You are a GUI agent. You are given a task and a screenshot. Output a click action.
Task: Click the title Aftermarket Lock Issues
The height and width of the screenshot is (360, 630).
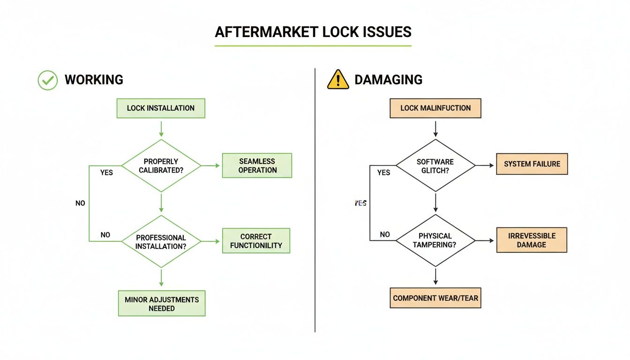[313, 32]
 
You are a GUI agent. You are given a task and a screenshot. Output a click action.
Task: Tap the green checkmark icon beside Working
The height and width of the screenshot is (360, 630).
[47, 80]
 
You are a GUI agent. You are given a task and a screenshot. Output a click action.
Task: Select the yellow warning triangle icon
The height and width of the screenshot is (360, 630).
[338, 80]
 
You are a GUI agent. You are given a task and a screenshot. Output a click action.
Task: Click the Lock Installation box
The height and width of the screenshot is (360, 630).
[161, 108]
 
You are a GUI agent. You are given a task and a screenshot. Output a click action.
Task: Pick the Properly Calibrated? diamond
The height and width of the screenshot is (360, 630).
[161, 165]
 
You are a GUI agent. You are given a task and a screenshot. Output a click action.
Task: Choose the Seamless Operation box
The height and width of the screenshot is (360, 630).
[257, 165]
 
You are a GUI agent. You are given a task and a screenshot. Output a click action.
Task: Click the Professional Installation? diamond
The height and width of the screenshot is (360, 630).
[161, 242]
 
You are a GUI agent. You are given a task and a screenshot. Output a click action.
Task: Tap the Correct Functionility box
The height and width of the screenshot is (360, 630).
[256, 241]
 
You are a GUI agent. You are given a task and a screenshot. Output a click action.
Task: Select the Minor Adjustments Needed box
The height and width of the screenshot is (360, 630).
[161, 304]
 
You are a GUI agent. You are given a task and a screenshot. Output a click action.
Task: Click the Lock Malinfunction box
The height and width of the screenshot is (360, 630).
[435, 108]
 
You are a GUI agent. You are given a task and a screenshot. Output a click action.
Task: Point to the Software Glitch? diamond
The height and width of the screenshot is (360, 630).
[435, 165]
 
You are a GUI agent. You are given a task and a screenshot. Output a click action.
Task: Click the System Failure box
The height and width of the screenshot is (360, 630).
[532, 164]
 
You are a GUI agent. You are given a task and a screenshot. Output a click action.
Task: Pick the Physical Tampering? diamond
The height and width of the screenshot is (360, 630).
[435, 240]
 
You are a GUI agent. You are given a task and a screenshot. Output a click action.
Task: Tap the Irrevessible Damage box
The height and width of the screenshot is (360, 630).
[532, 240]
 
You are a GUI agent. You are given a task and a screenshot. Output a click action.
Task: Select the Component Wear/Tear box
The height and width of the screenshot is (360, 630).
[435, 298]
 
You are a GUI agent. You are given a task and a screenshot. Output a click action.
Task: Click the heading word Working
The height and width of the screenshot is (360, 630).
[94, 80]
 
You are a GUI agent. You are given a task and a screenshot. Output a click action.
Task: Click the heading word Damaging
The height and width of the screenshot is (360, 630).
[388, 80]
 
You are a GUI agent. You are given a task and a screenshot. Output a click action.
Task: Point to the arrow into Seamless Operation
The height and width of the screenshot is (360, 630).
[211, 165]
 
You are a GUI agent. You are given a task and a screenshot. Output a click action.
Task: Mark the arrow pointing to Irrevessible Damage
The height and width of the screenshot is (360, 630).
[485, 240]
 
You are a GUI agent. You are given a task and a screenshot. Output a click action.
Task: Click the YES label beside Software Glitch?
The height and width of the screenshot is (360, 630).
[383, 172]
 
